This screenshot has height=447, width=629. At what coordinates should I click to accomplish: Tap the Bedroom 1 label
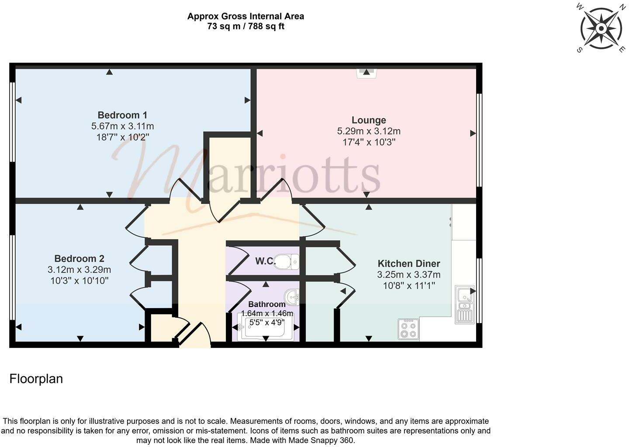pos(122,115)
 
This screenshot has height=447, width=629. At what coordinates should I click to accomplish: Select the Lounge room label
pos(369,120)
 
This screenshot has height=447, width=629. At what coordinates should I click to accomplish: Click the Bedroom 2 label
pos(79,259)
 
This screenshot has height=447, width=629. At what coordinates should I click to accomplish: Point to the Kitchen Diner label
pos(408,264)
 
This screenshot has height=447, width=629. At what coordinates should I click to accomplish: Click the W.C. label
pos(265,261)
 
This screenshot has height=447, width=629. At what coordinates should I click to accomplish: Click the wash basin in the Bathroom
pos(292,296)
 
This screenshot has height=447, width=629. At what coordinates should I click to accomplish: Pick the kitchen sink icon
pos(464,304)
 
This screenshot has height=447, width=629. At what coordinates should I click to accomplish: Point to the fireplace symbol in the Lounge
pos(366,72)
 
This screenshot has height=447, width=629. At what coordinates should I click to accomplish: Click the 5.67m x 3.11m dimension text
pos(122,126)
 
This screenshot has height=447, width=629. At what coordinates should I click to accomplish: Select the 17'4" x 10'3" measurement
pos(369,142)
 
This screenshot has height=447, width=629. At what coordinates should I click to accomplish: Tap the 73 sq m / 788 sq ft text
pos(245,27)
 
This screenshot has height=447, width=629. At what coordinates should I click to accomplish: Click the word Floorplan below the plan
pos(36,379)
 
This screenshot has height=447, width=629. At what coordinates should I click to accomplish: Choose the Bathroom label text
pos(266,304)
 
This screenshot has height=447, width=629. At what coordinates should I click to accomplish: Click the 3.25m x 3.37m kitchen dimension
pos(408,275)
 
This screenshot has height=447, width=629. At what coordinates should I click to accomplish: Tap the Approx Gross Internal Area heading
pos(245,17)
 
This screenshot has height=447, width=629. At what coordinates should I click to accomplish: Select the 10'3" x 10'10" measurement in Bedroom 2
pos(79,281)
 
